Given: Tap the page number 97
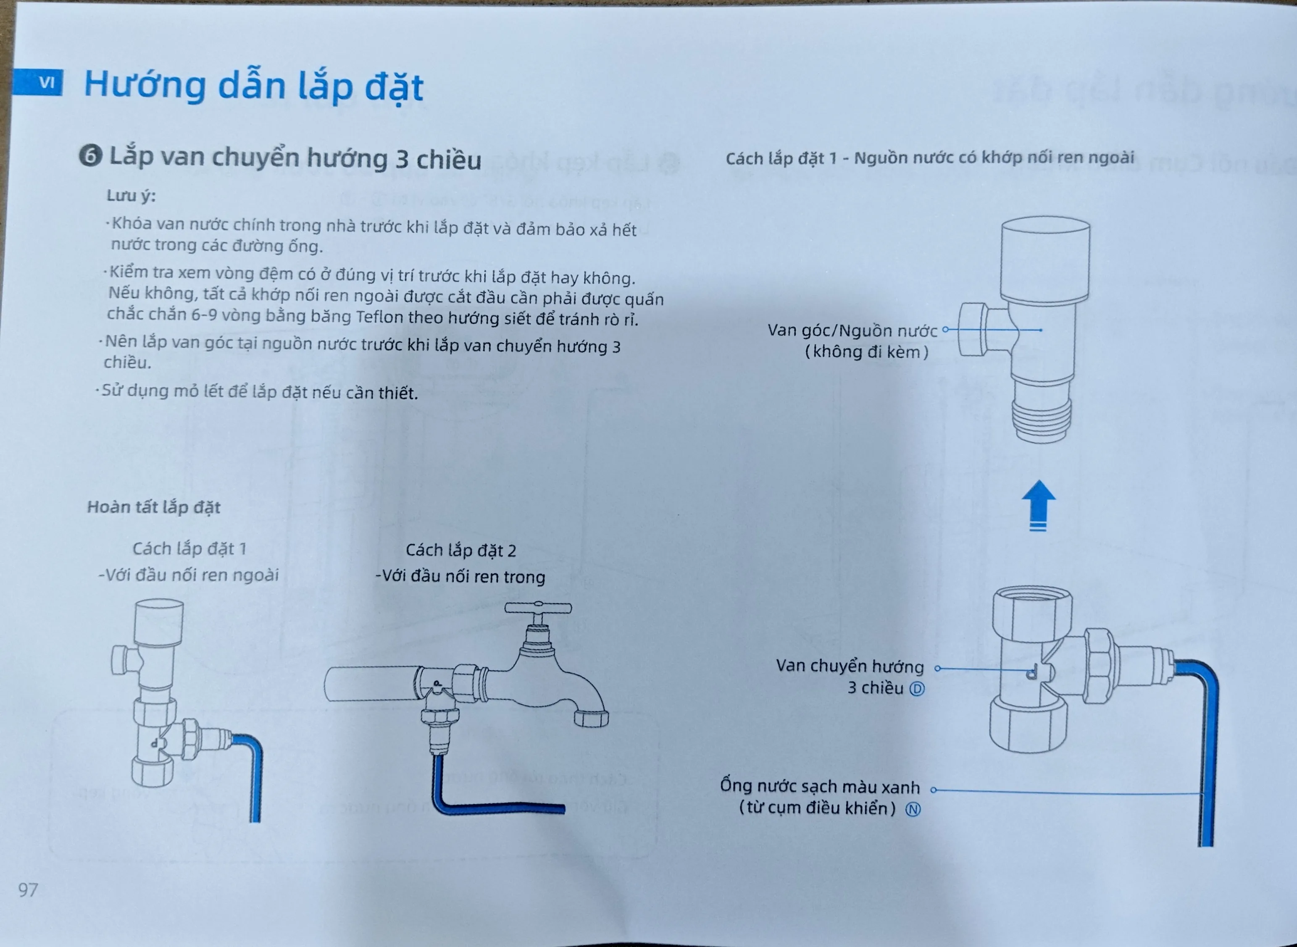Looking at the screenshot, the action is (x=28, y=889).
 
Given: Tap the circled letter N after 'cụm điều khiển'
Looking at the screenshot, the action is (x=913, y=809).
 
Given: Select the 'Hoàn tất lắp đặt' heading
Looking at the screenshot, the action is (x=154, y=507).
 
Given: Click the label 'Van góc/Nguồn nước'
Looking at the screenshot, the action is (x=852, y=331).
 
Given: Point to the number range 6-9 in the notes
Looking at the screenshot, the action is (x=205, y=315).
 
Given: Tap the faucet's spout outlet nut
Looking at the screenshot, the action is (x=591, y=718).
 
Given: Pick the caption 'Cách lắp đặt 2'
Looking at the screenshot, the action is (x=461, y=550).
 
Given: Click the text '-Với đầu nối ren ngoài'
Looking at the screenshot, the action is (x=189, y=575).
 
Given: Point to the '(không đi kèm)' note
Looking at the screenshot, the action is (x=866, y=352).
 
